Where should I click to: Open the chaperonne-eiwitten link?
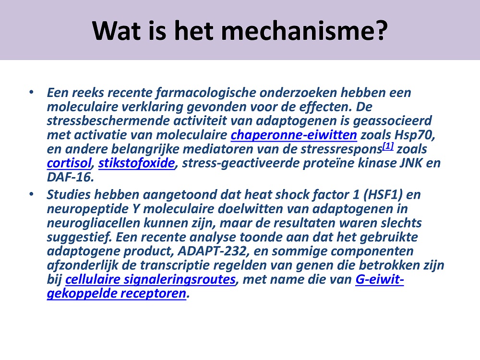pyautogui.click(x=294, y=135)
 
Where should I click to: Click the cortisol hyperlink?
pyautogui.click(x=69, y=163)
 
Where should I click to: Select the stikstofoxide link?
pyautogui.click(x=136, y=163)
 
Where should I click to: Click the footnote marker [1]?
pyautogui.click(x=388, y=146)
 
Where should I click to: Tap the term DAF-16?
pyautogui.click(x=70, y=177)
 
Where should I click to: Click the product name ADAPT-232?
pyautogui.click(x=212, y=251)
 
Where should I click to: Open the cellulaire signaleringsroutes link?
pyautogui.click(x=150, y=279)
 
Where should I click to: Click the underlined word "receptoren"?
pyautogui.click(x=153, y=294)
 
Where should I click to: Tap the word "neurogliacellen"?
pyautogui.click(x=94, y=223)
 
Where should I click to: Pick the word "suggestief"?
pyautogui.click(x=79, y=237)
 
